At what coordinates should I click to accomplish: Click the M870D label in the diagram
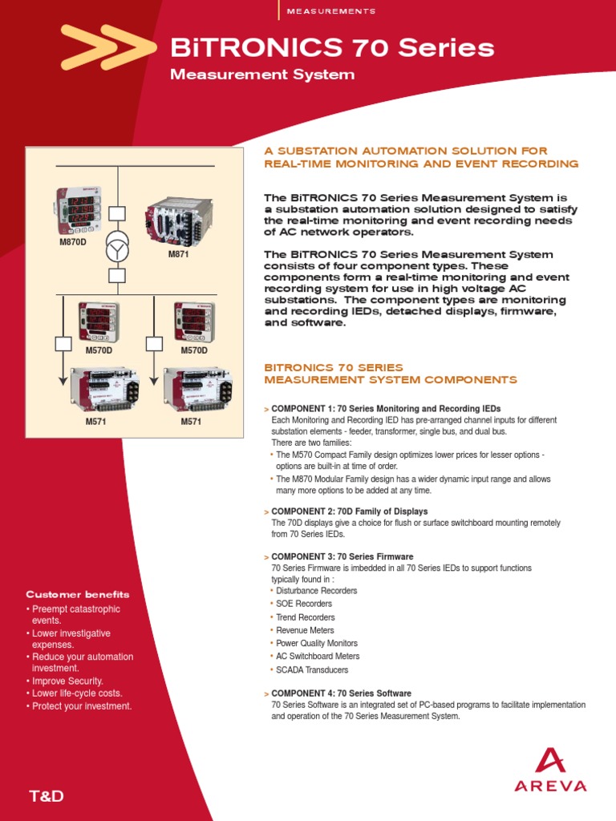pos(72,241)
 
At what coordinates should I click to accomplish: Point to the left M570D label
pos(99,350)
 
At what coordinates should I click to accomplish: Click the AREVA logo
pos(550,771)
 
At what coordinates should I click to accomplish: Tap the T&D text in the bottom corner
pos(46,796)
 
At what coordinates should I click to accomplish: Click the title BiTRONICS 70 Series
pos(332,49)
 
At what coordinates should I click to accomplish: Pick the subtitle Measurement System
pos(262,75)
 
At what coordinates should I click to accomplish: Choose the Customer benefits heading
pos(77,595)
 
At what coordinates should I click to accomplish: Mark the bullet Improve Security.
pos(67,681)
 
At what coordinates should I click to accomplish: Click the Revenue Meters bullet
pos(306,630)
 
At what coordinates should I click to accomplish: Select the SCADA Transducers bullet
pos(312,669)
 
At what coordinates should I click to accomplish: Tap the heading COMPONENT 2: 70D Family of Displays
pos(350,511)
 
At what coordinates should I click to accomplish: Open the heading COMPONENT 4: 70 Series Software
pos(342,693)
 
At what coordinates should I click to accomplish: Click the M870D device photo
pos(79,209)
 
